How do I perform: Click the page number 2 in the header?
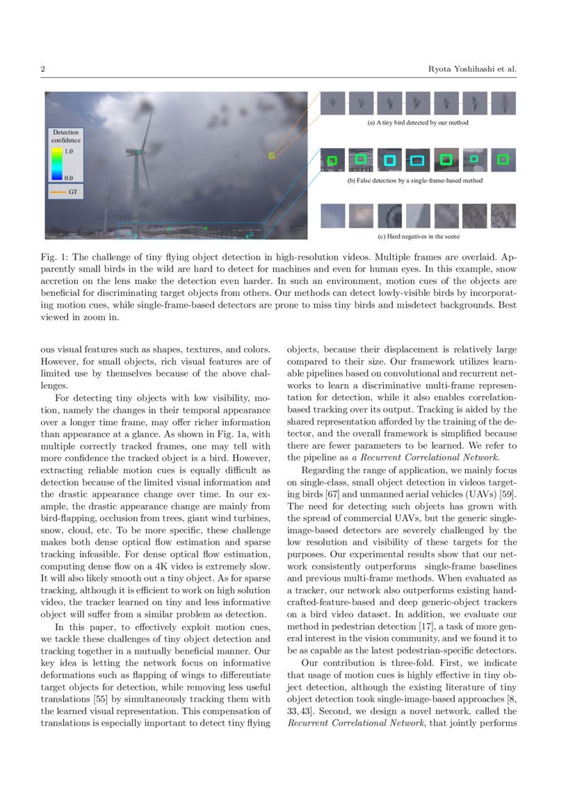[42, 69]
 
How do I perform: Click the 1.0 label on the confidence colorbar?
[68, 150]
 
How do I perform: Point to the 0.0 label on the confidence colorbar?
[68, 178]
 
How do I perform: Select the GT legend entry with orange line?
[65, 190]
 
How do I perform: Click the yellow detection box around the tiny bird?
[272, 156]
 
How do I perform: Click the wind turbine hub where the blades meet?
[139, 152]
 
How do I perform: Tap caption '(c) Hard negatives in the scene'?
[418, 236]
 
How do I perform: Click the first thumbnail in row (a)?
[332, 103]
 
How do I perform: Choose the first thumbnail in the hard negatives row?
[332, 215]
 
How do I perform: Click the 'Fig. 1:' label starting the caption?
[51, 256]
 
